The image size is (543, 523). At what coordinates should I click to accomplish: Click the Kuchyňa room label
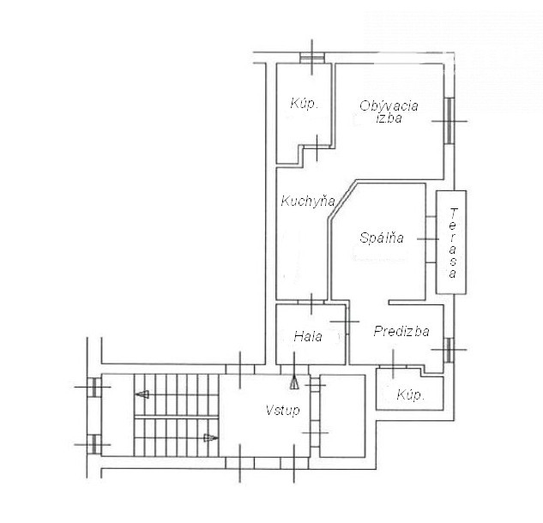[x=308, y=201]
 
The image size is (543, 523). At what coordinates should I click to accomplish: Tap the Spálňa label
[x=382, y=237]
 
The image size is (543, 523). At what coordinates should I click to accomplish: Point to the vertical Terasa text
[x=453, y=243]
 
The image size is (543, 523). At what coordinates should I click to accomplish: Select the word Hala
[x=308, y=336]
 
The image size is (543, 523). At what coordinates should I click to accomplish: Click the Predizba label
[x=401, y=331]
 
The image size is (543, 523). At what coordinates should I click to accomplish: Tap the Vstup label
[x=282, y=411]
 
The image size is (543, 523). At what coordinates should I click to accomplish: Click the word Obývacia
[x=389, y=105]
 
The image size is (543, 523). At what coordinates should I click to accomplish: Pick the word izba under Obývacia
[x=389, y=117]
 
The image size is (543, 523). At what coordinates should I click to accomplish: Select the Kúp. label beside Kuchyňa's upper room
[x=304, y=104]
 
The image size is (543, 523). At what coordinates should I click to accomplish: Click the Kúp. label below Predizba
[x=411, y=394]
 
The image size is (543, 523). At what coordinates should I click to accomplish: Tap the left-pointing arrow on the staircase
[x=142, y=394]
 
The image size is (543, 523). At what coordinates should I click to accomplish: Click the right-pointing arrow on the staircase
[x=210, y=438]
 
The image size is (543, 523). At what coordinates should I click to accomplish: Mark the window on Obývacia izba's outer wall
[x=449, y=121]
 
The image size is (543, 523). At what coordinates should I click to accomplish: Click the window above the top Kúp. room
[x=312, y=57]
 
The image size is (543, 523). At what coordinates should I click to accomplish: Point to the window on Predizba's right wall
[x=449, y=350]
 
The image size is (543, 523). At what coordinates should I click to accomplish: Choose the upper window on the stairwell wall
[x=94, y=387]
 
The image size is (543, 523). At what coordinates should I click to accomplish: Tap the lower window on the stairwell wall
[x=94, y=444]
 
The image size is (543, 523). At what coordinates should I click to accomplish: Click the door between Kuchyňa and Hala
[x=311, y=302]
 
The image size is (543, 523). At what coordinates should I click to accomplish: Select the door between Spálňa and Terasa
[x=431, y=239]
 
